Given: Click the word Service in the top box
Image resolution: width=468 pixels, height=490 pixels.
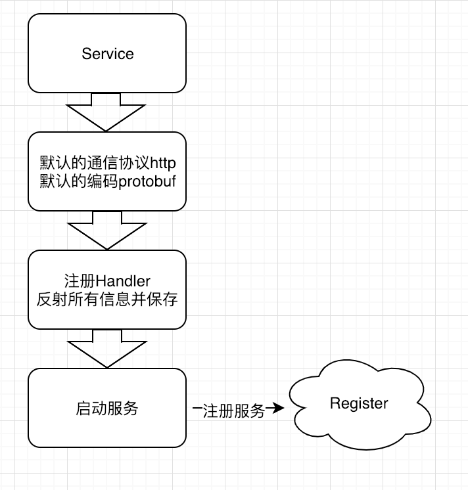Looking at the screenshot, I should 108,54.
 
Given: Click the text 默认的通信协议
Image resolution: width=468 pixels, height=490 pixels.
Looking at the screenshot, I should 91,162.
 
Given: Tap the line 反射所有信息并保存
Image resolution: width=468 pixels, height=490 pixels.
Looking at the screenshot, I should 107,299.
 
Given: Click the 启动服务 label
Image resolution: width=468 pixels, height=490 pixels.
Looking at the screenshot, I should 107,408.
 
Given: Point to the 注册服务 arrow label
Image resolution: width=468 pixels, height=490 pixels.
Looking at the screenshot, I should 234,411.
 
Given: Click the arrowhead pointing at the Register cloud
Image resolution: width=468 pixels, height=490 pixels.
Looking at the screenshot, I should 279,409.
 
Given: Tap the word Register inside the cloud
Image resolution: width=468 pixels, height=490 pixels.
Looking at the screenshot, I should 359,403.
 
